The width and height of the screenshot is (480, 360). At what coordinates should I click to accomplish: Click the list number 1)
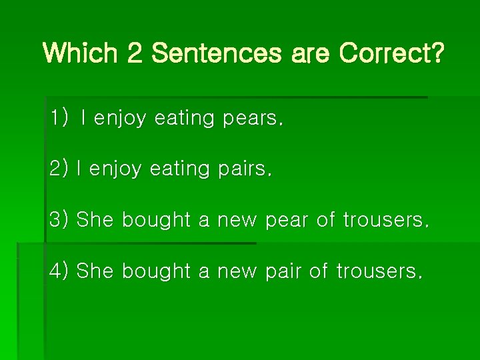coord(59,119)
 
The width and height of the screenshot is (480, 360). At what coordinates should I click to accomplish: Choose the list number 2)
coord(59,169)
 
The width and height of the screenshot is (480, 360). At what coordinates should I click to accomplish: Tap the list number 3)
coord(59,219)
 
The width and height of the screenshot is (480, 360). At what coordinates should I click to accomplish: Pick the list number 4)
coord(59,271)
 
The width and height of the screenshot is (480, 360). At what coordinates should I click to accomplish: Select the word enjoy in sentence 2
coord(115,170)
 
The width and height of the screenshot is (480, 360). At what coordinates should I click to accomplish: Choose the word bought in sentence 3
coord(156,220)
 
